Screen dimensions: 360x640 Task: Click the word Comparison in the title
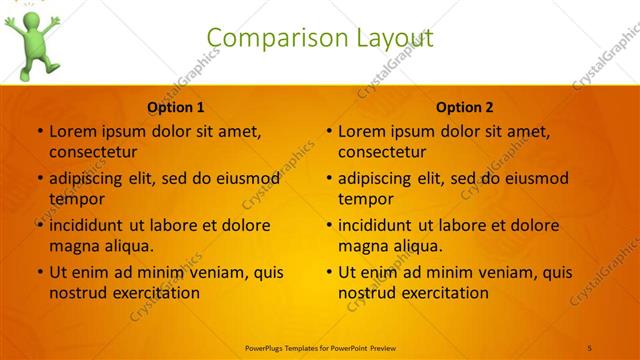coord(268,38)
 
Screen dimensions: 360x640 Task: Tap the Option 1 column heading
coord(176,108)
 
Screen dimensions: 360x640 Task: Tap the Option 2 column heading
coord(465,108)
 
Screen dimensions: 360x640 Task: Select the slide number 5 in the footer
coord(591,347)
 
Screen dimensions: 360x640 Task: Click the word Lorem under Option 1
coord(71,131)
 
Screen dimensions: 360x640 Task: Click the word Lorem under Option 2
coord(360,131)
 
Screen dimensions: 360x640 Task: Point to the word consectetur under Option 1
coord(93,152)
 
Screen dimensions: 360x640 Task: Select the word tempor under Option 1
coord(76,199)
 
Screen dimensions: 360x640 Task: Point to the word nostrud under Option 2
coord(368,293)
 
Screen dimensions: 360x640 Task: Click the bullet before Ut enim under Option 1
coord(39,272)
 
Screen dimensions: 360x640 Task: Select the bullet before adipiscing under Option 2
coord(328,178)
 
